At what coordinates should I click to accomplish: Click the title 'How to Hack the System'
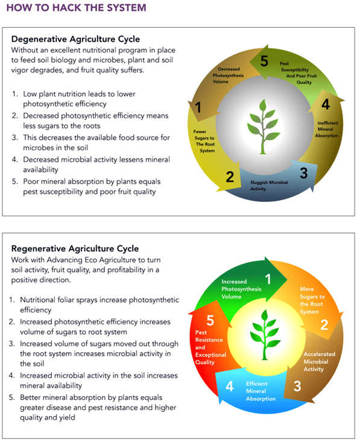76,8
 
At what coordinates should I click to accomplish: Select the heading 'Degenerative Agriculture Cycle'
75,39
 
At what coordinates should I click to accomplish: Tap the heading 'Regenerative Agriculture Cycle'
75,248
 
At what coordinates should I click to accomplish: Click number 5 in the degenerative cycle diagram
264,61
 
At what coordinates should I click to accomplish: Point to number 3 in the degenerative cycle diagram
303,173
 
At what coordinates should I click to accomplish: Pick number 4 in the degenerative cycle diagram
326,104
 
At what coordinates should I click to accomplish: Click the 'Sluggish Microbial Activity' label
269,186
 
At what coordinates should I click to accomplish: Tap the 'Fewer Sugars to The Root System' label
204,141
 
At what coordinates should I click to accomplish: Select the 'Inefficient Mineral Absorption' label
327,129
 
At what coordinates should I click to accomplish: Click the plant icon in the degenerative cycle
263,127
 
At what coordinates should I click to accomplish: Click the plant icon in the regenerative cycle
265,335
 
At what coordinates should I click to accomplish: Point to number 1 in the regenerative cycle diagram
268,279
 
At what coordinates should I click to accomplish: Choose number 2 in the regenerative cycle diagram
324,325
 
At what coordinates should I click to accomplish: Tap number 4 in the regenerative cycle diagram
230,386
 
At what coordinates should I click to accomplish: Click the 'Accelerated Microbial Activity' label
320,362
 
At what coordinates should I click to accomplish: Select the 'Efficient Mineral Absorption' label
261,391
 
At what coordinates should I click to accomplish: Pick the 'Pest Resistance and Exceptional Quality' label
210,347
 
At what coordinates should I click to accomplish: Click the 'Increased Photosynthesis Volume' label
241,289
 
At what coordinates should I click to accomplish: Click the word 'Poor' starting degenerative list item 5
30,182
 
